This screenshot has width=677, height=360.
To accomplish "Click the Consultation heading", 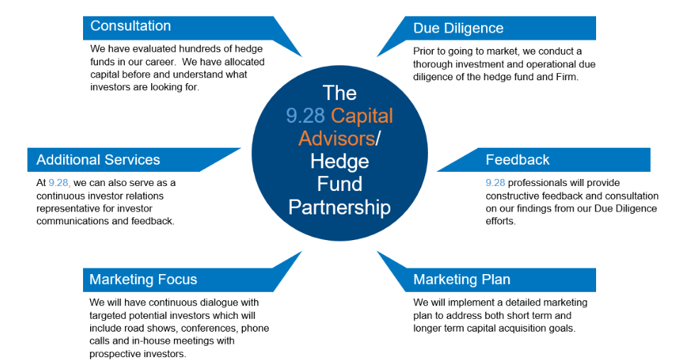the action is tap(131, 26).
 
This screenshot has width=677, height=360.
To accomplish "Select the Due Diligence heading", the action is tap(458, 28).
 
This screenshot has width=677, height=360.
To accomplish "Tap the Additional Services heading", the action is tap(98, 160).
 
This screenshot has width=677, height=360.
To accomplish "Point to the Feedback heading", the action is tap(517, 160).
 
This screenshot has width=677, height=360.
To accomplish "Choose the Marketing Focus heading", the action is tap(143, 280).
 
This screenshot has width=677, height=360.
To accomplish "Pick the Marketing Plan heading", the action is tap(461, 280).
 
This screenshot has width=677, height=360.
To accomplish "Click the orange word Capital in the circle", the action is tap(362, 116).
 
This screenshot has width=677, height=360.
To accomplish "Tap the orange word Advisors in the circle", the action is tap(336, 138).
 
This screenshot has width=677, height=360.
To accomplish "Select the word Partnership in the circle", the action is tap(339, 207).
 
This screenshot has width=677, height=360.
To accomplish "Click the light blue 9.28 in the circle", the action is tap(305, 116).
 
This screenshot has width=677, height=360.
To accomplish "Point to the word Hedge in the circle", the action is tap(339, 162).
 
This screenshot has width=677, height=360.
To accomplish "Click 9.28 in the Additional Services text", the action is tap(59, 182).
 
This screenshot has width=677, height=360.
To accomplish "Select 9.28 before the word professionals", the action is tap(495, 182).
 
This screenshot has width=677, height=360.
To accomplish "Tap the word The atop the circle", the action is tap(339, 93).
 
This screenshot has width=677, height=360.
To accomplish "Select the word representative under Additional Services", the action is tap(63, 209).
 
